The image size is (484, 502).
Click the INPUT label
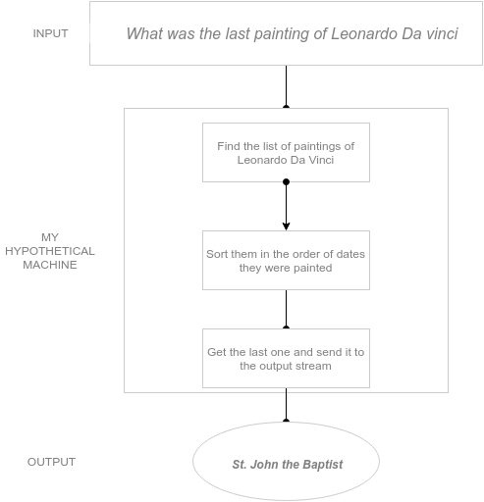(50, 33)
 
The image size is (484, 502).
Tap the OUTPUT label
(51, 462)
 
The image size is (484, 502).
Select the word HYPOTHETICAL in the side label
(50, 251)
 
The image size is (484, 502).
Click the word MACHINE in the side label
(50, 265)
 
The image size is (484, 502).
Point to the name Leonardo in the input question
(364, 33)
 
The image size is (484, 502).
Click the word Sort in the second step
(216, 254)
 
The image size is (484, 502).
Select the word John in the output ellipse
(264, 464)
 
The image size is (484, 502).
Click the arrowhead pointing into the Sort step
(286, 226)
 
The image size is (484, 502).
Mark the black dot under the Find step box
(286, 181)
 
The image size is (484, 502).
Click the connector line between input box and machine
(286, 86)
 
